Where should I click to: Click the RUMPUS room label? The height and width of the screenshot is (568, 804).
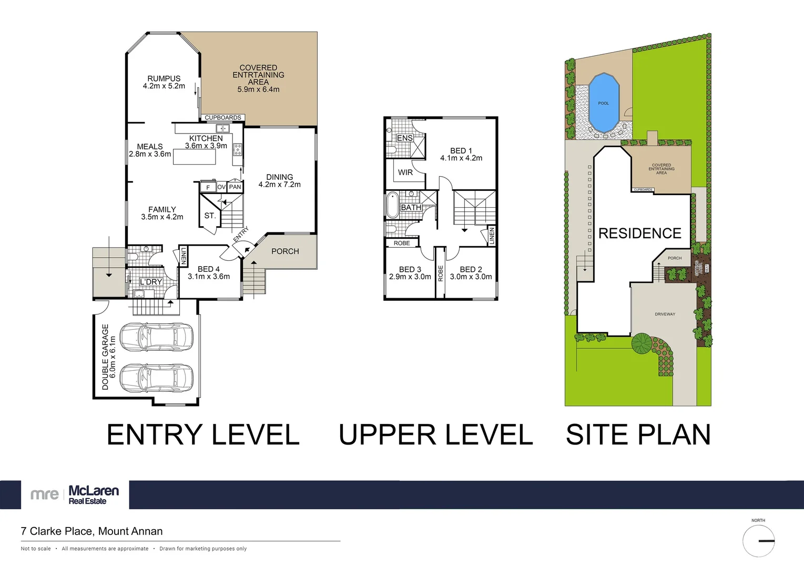point(164,78)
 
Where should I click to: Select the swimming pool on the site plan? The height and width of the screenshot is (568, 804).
point(603,103)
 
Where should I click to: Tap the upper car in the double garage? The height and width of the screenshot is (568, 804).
point(157,337)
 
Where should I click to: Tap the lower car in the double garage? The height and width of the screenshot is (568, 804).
point(157,378)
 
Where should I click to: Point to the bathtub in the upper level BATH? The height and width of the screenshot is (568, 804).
point(392,206)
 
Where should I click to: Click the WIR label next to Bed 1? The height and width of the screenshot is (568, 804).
point(405,173)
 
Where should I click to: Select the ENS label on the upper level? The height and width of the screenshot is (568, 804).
point(404,138)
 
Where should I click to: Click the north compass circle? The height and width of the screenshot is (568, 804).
point(758,541)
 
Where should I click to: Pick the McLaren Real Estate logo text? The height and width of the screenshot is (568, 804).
point(94,494)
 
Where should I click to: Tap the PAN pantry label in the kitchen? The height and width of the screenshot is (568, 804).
point(235,187)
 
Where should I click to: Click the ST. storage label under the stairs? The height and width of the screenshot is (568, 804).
point(210,216)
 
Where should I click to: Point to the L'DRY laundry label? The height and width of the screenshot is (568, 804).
point(151,282)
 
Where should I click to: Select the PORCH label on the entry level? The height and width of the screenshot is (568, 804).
point(285,251)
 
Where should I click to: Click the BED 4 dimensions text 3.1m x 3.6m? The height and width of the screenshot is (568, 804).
point(209,277)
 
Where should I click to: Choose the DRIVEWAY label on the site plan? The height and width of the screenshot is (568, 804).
point(665,314)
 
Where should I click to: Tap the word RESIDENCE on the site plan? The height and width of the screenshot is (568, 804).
point(639,233)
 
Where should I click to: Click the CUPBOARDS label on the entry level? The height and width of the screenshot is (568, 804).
point(223,118)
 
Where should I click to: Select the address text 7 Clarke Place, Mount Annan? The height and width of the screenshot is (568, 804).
point(92,531)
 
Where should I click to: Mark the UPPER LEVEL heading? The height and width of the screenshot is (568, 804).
point(435,435)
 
